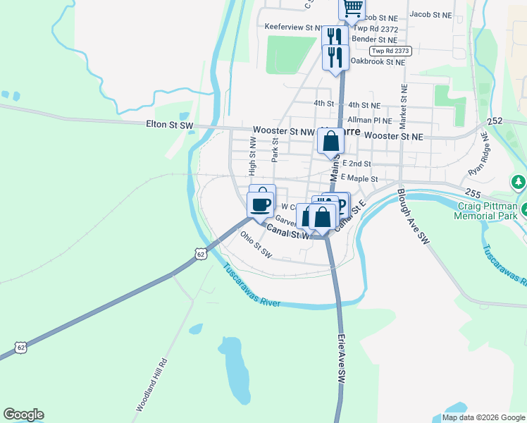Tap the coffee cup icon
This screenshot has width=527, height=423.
[x=261, y=204]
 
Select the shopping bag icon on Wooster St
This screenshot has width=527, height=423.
[x=330, y=141]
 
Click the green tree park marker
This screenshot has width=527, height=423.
[x=519, y=183]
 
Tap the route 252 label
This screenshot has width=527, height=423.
[x=495, y=121]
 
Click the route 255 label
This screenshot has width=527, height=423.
[x=473, y=192]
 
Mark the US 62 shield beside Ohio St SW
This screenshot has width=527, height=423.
[x=201, y=254]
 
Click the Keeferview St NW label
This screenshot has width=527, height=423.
[x=292, y=27]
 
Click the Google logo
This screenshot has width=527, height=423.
[x=23, y=415]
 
